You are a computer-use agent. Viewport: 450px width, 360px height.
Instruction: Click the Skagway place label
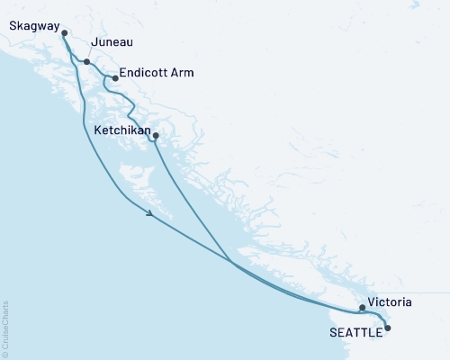click(30, 26)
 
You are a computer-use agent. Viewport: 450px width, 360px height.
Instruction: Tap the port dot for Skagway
click(65, 33)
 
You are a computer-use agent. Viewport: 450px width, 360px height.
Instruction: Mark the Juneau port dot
click(86, 62)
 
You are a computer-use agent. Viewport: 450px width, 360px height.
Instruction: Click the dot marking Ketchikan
click(156, 136)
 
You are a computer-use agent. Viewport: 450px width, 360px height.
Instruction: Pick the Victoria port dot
click(362, 308)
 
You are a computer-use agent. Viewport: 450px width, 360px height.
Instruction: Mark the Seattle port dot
click(388, 328)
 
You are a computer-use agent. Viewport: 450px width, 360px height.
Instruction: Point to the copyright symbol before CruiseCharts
click(5, 354)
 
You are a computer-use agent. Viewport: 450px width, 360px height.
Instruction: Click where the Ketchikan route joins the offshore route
click(232, 263)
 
